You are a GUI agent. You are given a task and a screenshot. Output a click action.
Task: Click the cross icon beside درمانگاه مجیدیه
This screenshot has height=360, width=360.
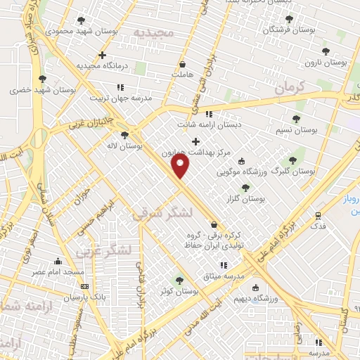click(x=103, y=55)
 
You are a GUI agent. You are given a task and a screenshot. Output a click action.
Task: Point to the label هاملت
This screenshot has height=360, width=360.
click(x=181, y=72)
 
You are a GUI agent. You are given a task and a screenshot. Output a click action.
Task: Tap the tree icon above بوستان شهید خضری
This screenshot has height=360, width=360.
click(x=42, y=79)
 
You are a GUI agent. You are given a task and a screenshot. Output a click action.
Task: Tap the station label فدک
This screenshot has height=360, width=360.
click(x=318, y=226)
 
